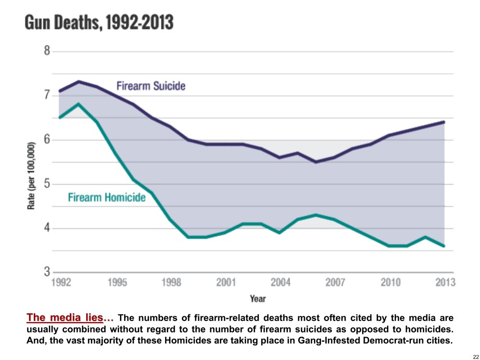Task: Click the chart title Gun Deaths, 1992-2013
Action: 99,23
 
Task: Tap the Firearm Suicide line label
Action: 150,86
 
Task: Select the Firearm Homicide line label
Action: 107,198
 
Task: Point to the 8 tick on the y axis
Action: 47,51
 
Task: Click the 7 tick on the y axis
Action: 47,95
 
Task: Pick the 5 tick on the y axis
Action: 47,184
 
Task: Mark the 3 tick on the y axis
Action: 47,272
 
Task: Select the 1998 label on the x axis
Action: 172,283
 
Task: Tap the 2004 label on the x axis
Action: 281,283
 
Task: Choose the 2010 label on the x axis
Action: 390,283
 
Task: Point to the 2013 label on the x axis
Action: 445,283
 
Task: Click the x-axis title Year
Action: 258,299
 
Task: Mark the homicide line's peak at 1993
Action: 78,104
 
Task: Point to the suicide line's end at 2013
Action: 445,122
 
